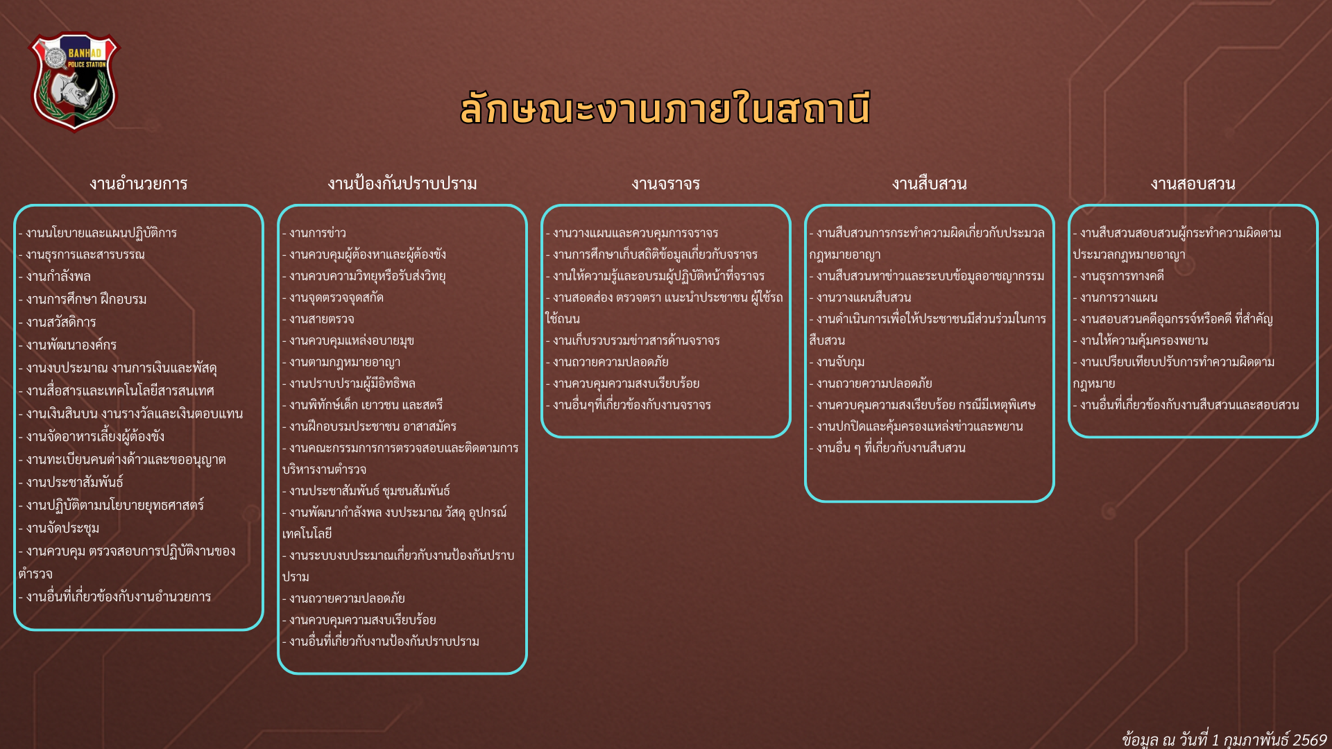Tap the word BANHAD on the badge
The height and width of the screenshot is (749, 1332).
point(85,53)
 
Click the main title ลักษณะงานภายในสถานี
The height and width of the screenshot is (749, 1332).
point(665,110)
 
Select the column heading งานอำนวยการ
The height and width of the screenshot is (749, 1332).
point(139,184)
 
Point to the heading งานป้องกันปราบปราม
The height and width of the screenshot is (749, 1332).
point(402,184)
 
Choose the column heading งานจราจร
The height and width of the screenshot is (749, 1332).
point(666,184)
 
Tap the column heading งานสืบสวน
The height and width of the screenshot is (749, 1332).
point(930,184)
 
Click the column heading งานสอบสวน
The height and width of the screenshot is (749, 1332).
point(1193,184)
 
